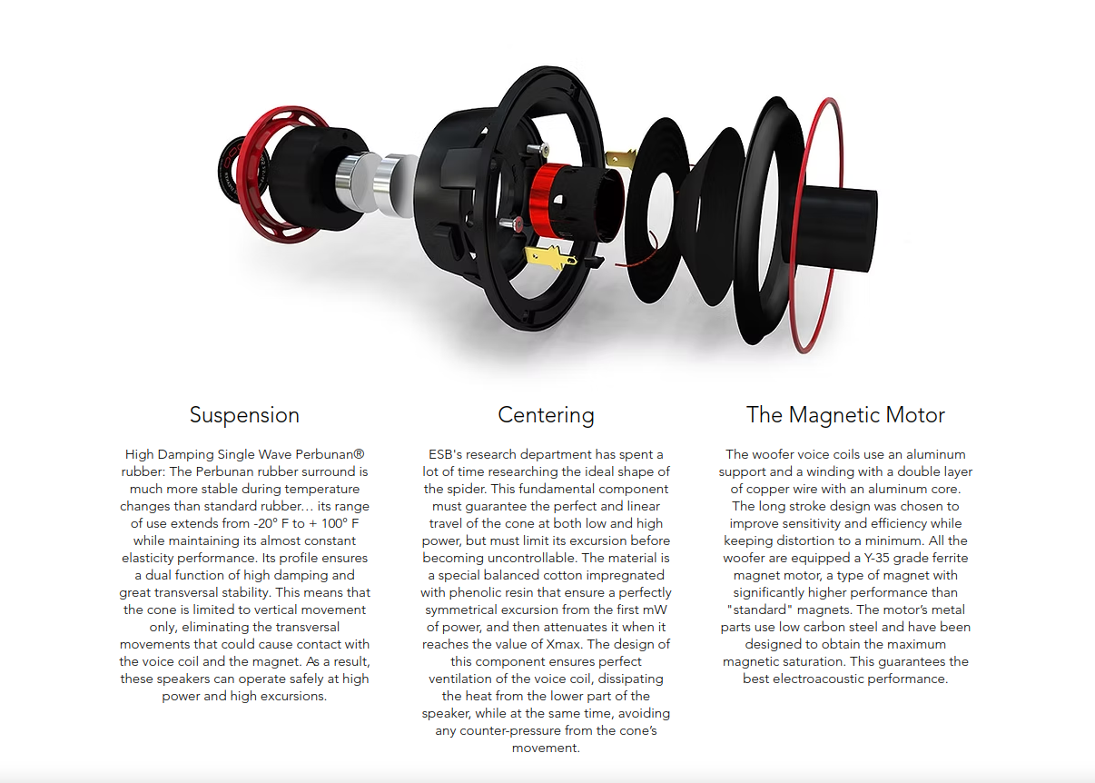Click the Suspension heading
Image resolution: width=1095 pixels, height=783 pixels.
244,415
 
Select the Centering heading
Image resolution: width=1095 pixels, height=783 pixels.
546,415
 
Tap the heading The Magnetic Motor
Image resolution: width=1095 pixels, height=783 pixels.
845,415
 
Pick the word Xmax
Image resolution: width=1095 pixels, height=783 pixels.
570,644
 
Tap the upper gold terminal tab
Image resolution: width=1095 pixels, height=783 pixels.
622,156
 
